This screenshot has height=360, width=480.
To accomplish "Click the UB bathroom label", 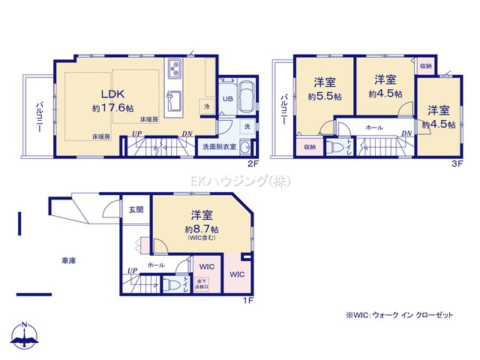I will (227, 97).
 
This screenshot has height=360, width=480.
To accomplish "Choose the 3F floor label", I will (456, 163).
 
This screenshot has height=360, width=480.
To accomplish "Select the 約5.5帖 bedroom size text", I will (324, 96).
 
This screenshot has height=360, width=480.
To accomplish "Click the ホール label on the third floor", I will (374, 128).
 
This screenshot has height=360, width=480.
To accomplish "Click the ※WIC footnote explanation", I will (399, 316).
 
